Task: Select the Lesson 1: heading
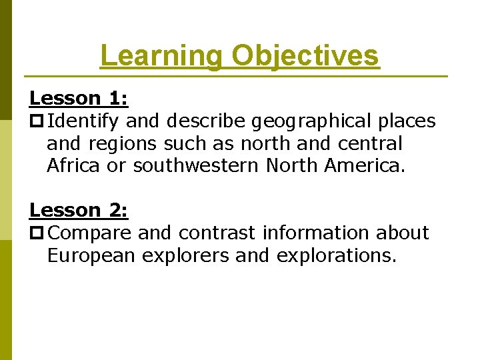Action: tap(79, 99)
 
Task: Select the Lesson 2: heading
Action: tap(79, 210)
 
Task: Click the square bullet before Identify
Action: tap(37, 122)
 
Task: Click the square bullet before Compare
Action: tap(37, 233)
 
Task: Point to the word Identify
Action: tap(84, 121)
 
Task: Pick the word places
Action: tap(407, 121)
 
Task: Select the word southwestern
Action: tap(195, 166)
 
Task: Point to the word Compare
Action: tap(91, 233)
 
